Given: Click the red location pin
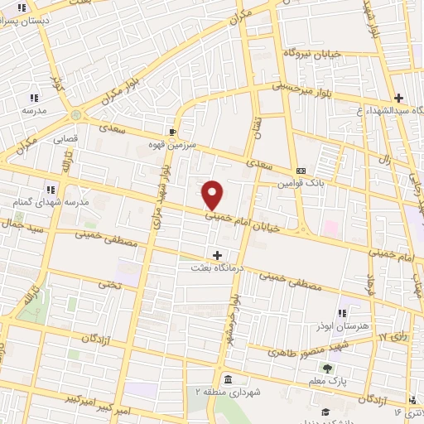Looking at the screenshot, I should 213,194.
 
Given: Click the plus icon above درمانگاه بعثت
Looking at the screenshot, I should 218,255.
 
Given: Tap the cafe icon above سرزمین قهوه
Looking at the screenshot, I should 172,131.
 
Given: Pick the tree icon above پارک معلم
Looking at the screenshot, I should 328,368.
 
